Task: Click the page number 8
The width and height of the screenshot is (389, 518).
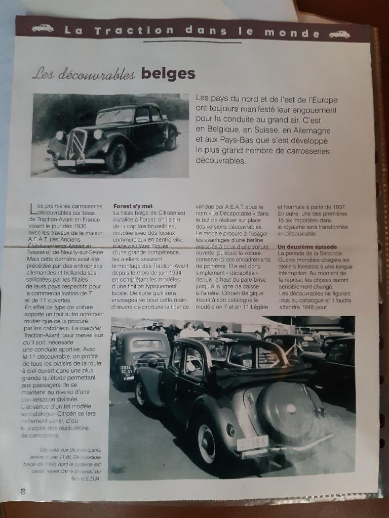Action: tap(23, 491)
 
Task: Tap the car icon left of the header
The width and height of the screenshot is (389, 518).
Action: tap(43, 28)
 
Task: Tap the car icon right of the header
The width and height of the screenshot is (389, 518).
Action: tap(339, 34)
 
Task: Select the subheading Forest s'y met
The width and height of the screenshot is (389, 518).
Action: tap(133, 206)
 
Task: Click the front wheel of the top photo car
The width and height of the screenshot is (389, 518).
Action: tap(116, 158)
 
